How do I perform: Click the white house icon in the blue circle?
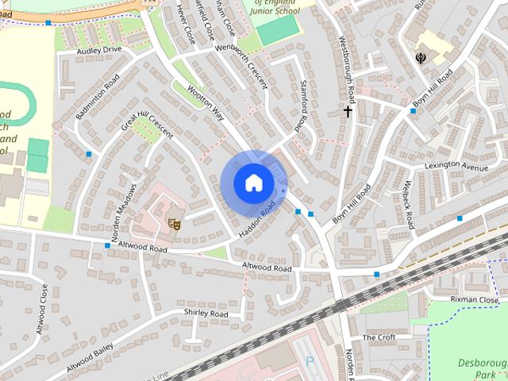(x=253, y=183)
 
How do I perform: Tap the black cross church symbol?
(x=347, y=112)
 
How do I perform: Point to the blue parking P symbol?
(x=310, y=361)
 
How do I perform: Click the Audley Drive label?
(x=99, y=50)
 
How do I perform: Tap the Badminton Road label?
(x=97, y=97)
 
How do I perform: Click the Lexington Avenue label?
(x=456, y=165)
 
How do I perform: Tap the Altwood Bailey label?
(x=90, y=357)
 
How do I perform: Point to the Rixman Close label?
(x=474, y=300)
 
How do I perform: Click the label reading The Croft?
(x=379, y=337)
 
